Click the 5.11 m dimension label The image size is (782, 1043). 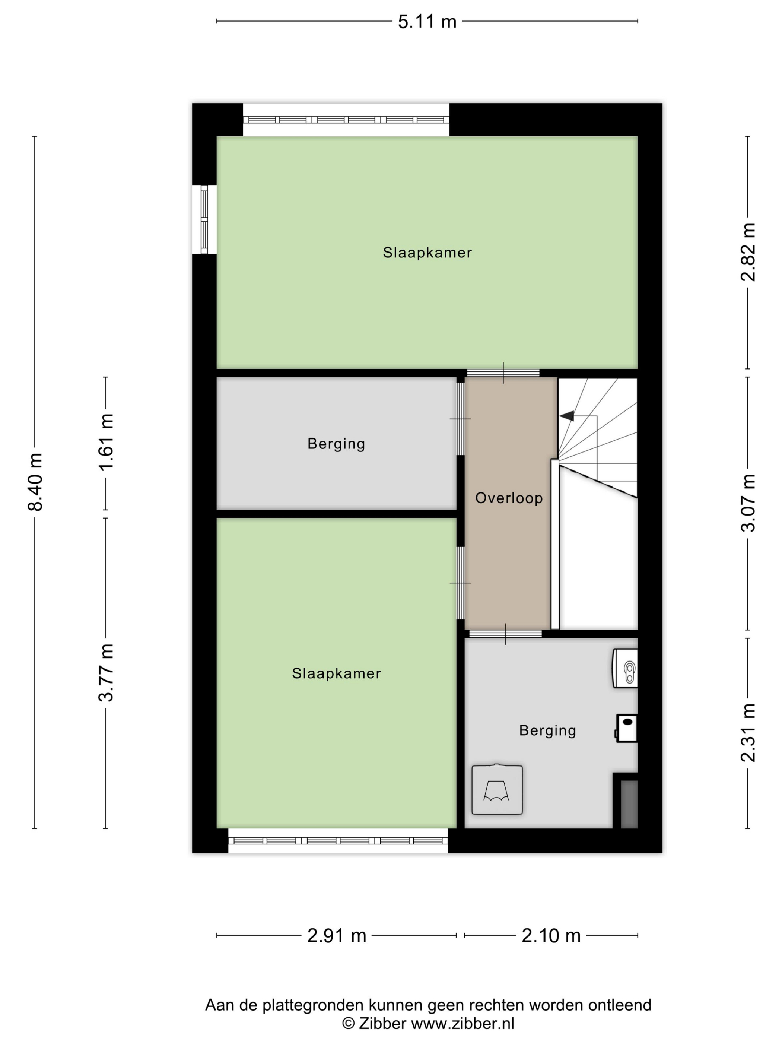click(x=427, y=22)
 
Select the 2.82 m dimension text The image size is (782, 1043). click(x=748, y=252)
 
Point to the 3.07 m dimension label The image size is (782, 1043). click(x=748, y=503)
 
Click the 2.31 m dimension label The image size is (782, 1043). click(x=748, y=732)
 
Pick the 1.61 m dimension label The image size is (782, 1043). click(x=106, y=441)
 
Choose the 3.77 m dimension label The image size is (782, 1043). click(x=106, y=673)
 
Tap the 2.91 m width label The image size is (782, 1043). click(x=337, y=935)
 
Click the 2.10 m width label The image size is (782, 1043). click(x=551, y=935)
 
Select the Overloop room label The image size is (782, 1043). click(x=509, y=498)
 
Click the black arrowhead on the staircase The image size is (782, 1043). click(x=567, y=415)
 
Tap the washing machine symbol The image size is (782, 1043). click(x=497, y=789)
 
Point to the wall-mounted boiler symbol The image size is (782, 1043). click(x=625, y=668)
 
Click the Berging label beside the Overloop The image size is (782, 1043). click(x=336, y=444)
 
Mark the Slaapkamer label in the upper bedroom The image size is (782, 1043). click(x=427, y=253)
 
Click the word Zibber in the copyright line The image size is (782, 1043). click(x=382, y=1024)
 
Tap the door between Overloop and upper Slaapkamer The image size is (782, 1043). click(x=503, y=373)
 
